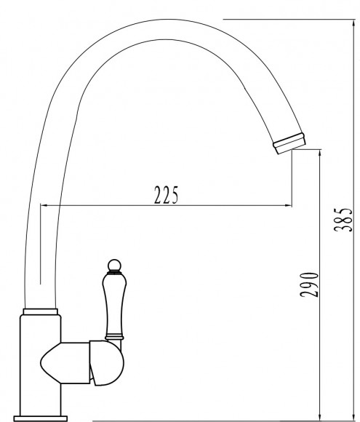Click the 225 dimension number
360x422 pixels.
point(166,194)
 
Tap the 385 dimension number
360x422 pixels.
point(343,220)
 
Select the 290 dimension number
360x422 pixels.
point(309,284)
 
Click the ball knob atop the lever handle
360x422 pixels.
point(114,266)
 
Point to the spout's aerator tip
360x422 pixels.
point(289,143)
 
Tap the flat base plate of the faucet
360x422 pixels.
point(40,418)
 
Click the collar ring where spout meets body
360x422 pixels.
point(40,311)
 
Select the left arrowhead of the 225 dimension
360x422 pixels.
point(44,206)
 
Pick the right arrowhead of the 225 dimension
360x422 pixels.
point(289,206)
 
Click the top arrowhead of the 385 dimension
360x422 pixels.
point(353,23)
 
